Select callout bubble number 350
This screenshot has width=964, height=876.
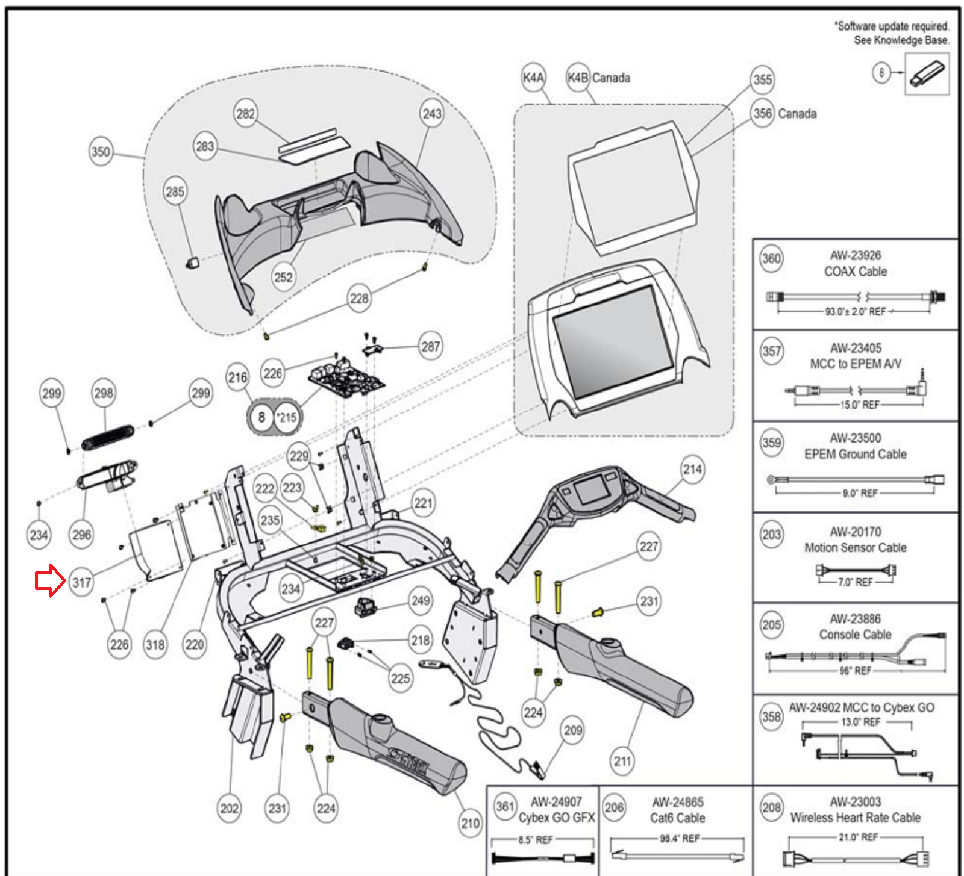(101, 152)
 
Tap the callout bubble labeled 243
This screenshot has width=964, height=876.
(432, 114)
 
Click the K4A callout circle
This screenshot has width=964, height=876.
(533, 78)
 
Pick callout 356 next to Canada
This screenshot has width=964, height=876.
(763, 113)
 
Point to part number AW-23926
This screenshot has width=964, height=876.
(856, 255)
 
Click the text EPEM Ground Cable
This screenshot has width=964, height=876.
(856, 454)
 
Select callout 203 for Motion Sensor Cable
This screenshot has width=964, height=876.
(772, 535)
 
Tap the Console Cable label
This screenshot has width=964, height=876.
(856, 635)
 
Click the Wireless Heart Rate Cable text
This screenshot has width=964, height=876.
(856, 818)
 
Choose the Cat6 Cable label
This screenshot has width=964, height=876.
(677, 818)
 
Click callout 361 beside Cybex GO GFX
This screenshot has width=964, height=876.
(505, 807)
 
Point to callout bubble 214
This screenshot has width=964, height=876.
(692, 470)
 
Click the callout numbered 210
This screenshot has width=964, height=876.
(470, 824)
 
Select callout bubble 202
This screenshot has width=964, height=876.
(229, 808)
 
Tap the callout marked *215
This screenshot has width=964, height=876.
(287, 417)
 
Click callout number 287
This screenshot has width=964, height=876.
(430, 347)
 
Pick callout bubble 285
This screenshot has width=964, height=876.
(175, 192)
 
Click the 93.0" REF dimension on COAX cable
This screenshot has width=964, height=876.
(856, 311)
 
